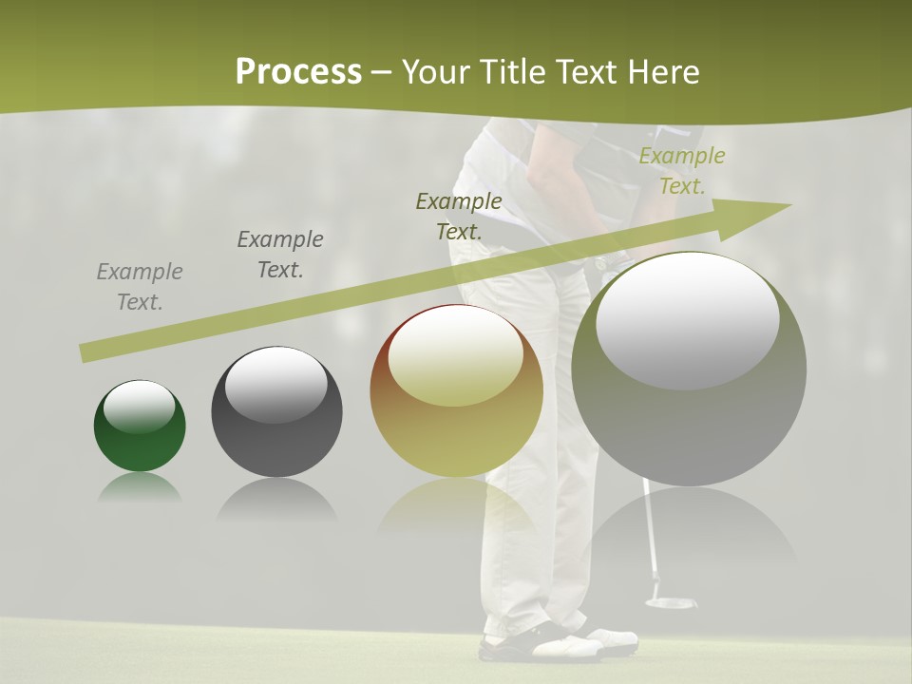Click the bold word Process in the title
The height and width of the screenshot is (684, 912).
pyautogui.click(x=298, y=72)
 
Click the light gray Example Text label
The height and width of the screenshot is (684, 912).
pyautogui.click(x=140, y=287)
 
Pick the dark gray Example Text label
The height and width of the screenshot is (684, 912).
pyautogui.click(x=280, y=255)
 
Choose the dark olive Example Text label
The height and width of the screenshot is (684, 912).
pyautogui.click(x=459, y=216)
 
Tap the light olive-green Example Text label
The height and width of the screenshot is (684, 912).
pyautogui.click(x=681, y=171)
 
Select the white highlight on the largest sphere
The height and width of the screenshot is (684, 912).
pyautogui.click(x=688, y=321)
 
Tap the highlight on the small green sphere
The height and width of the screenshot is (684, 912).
pyautogui.click(x=139, y=407)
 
